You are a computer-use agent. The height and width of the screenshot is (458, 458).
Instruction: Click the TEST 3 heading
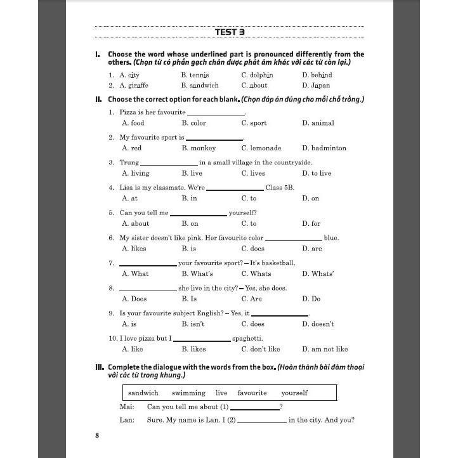pyautogui.click(x=229, y=32)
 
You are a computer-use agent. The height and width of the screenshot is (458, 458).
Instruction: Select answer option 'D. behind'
pyautogui.click(x=317, y=75)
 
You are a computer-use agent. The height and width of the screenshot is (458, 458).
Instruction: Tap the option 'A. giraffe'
pyautogui.click(x=134, y=85)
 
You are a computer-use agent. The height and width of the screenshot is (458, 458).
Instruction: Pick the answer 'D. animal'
pyautogui.click(x=318, y=123)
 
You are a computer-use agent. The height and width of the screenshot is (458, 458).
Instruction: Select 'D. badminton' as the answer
pyautogui.click(x=324, y=148)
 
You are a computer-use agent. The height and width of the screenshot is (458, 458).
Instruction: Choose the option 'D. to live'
pyautogui.click(x=317, y=173)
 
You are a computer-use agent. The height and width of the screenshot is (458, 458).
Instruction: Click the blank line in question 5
pyautogui.click(x=198, y=214)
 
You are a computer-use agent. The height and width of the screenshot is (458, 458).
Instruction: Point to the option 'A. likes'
pyautogui.click(x=134, y=249)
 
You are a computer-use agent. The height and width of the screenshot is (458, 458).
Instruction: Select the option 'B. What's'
pyautogui.click(x=197, y=273)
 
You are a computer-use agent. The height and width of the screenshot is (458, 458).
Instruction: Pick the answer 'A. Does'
pyautogui.click(x=134, y=299)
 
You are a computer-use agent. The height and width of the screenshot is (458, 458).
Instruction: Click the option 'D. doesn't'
pyautogui.click(x=318, y=324)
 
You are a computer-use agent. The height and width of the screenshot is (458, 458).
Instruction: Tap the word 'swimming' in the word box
pyautogui.click(x=188, y=393)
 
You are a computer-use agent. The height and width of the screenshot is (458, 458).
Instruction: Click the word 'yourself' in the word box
pyautogui.click(x=294, y=393)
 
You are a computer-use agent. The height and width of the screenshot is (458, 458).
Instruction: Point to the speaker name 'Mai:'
pyautogui.click(x=127, y=407)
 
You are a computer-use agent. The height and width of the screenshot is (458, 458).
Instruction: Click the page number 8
pyautogui.click(x=97, y=435)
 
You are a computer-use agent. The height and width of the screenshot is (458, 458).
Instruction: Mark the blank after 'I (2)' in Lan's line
pyautogui.click(x=261, y=421)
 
